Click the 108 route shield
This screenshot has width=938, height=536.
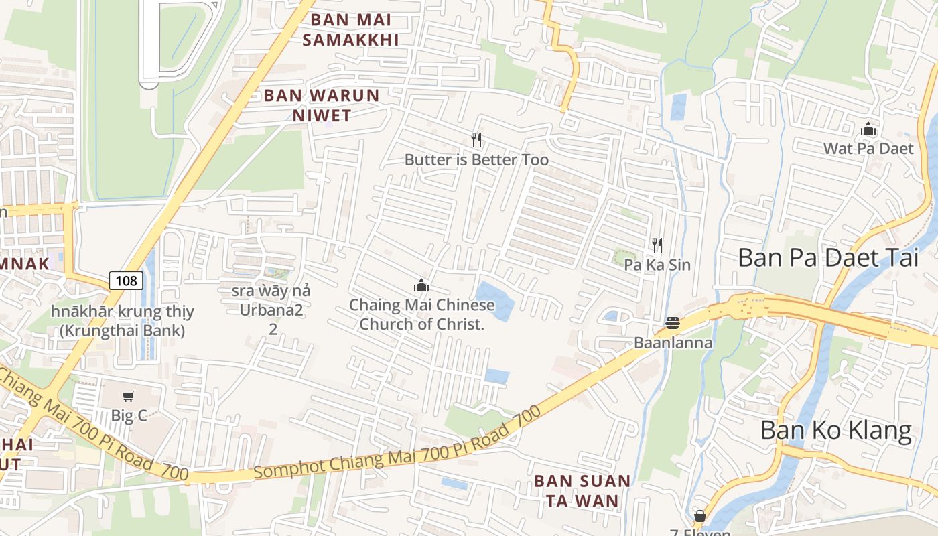[126, 281]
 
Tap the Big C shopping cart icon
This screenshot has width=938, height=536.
[128, 397]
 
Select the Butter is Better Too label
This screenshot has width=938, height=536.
[476, 159]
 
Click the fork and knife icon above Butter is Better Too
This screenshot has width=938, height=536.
[476, 140]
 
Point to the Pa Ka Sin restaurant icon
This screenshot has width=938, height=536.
[657, 245]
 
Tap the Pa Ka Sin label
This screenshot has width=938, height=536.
[657, 265]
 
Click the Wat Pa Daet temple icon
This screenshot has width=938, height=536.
[868, 129]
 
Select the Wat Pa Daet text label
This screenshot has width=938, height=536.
[868, 148]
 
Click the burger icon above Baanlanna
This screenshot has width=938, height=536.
[673, 324]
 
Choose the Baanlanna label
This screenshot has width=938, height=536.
[673, 343]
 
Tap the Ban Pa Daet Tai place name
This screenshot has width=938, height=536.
[828, 257]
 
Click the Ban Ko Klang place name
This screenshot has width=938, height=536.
[836, 430]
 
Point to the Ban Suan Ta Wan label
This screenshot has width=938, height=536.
[582, 490]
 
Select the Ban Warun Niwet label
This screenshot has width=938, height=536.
[322, 105]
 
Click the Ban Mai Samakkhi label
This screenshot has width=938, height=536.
[350, 29]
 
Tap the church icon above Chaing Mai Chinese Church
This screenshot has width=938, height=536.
[421, 286]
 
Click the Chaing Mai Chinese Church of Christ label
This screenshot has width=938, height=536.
[421, 315]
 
